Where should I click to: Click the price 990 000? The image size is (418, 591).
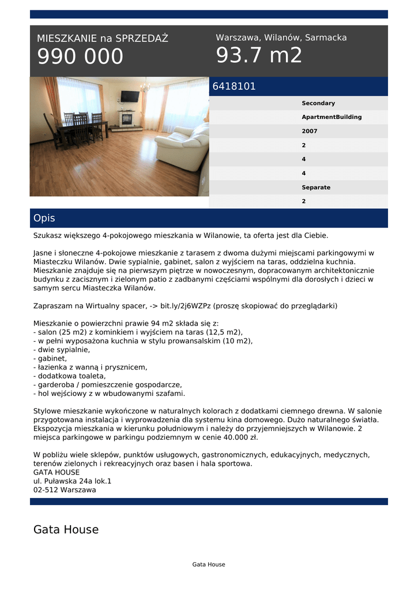(x=80, y=57)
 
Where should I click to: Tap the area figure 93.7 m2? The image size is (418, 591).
(x=259, y=55)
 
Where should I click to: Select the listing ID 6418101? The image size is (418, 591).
(x=234, y=87)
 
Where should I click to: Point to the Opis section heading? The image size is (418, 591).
(x=44, y=218)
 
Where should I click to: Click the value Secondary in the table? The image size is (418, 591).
(x=318, y=103)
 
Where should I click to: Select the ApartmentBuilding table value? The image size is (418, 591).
(x=332, y=117)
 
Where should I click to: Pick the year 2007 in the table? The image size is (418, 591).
(x=309, y=131)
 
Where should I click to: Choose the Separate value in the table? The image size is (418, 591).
(x=316, y=188)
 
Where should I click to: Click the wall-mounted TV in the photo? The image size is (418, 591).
(x=130, y=96)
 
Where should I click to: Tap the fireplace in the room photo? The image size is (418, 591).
(x=126, y=119)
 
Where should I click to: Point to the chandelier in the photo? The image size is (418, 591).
(x=145, y=87)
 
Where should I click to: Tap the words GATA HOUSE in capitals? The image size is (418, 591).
(x=57, y=472)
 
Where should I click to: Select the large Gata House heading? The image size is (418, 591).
(x=66, y=529)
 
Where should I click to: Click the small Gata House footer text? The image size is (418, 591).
(x=209, y=564)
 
